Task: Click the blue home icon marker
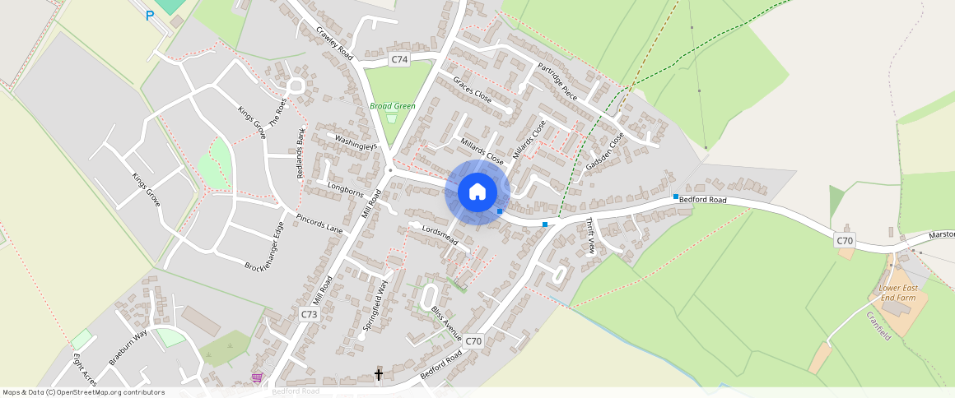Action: (x=477, y=192)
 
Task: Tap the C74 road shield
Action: (x=399, y=59)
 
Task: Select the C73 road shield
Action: (x=309, y=314)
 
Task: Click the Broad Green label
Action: (x=393, y=106)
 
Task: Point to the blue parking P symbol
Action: (x=150, y=16)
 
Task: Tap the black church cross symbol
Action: (x=379, y=375)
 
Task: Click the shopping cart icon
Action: (x=258, y=377)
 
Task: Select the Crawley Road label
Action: (x=334, y=44)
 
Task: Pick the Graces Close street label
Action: (x=473, y=89)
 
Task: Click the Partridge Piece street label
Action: (x=558, y=81)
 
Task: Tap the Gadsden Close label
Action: (x=605, y=151)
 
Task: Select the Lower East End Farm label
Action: (x=897, y=293)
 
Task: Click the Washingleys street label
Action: (x=356, y=142)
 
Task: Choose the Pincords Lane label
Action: (x=319, y=224)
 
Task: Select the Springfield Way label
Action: (x=375, y=305)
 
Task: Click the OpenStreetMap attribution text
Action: (x=83, y=392)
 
